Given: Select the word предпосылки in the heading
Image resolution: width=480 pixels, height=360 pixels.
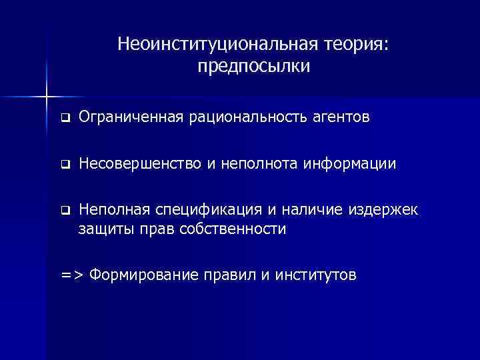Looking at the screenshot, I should click(x=254, y=67).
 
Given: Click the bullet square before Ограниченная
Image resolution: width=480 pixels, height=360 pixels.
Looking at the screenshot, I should click(x=65, y=119).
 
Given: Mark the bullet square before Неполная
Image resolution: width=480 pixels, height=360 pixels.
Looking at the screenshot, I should click(x=65, y=211).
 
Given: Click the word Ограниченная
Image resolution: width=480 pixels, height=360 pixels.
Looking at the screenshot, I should click(x=131, y=118).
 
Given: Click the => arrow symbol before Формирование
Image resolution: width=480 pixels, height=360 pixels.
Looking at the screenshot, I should click(x=71, y=275).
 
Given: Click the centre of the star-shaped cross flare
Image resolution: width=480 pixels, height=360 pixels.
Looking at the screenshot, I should click(x=47, y=97).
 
